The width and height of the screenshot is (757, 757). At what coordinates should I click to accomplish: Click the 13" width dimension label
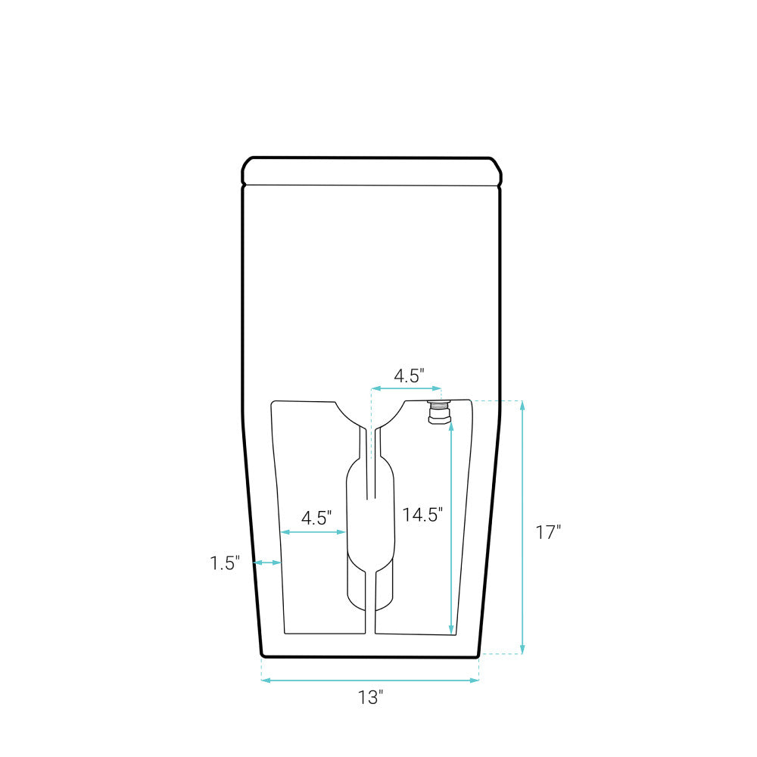point(370,697)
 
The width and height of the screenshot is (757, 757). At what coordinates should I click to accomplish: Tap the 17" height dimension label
point(548,532)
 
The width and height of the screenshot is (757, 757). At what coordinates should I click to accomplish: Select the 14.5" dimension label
point(422,515)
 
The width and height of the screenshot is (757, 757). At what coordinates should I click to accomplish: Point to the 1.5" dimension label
point(225,563)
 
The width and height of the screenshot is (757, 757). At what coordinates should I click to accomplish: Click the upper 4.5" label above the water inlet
point(409,375)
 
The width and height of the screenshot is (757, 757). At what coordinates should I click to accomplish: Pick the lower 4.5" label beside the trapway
point(316,518)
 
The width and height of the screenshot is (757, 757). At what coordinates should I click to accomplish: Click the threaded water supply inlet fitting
point(439,412)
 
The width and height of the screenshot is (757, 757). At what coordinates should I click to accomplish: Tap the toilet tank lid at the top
point(372,171)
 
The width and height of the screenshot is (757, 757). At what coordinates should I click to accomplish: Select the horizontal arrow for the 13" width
point(370,681)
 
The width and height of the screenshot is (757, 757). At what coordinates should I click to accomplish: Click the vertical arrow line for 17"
point(522,527)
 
